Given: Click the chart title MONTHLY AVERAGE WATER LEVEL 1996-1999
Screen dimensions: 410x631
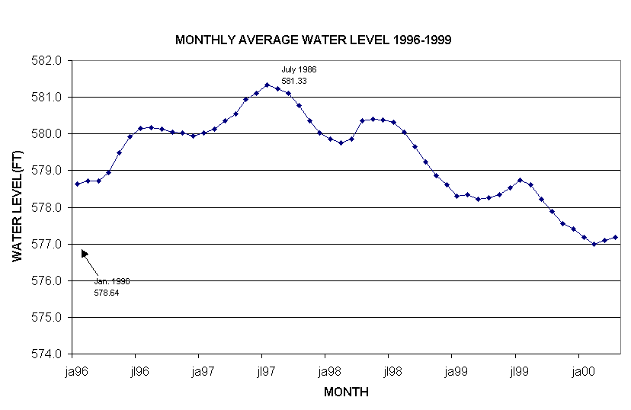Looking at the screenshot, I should pyautogui.click(x=313, y=40).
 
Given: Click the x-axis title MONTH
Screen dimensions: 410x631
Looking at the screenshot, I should pyautogui.click(x=346, y=392).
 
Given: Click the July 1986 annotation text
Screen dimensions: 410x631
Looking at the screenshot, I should pyautogui.click(x=299, y=69).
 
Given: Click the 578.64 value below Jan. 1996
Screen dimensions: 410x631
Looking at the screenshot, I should pyautogui.click(x=106, y=292).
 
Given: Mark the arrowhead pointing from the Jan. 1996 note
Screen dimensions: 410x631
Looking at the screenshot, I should pyautogui.click(x=84, y=254).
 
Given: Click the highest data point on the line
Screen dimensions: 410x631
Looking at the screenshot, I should pyautogui.click(x=267, y=85).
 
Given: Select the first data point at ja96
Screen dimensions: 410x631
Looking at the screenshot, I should pyautogui.click(x=77, y=184).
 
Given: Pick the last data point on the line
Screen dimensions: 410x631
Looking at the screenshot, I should pyautogui.click(x=615, y=237).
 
